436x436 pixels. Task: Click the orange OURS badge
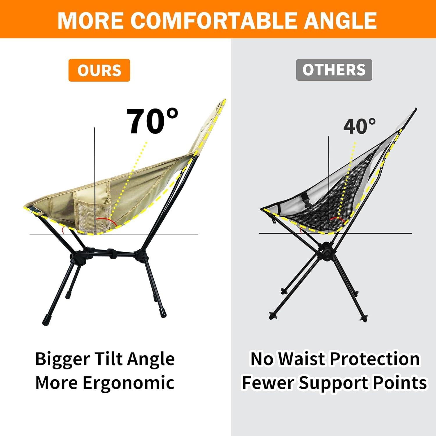99,70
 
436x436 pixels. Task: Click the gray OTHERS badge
334,70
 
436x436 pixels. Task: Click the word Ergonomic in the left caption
128,383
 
